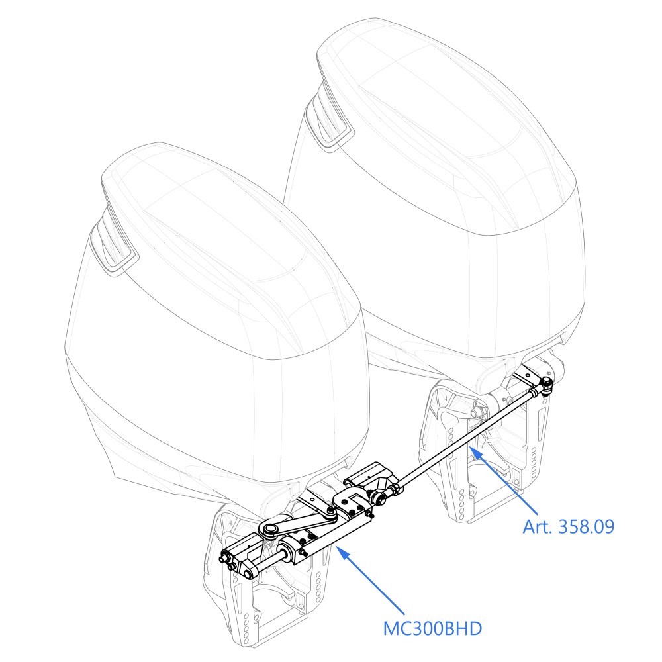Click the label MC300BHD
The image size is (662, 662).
(x=432, y=628)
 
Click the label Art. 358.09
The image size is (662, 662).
(x=568, y=526)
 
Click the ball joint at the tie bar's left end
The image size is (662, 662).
(x=379, y=498)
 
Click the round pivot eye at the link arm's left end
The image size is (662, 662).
(x=267, y=529)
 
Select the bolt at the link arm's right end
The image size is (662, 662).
(x=330, y=512)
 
